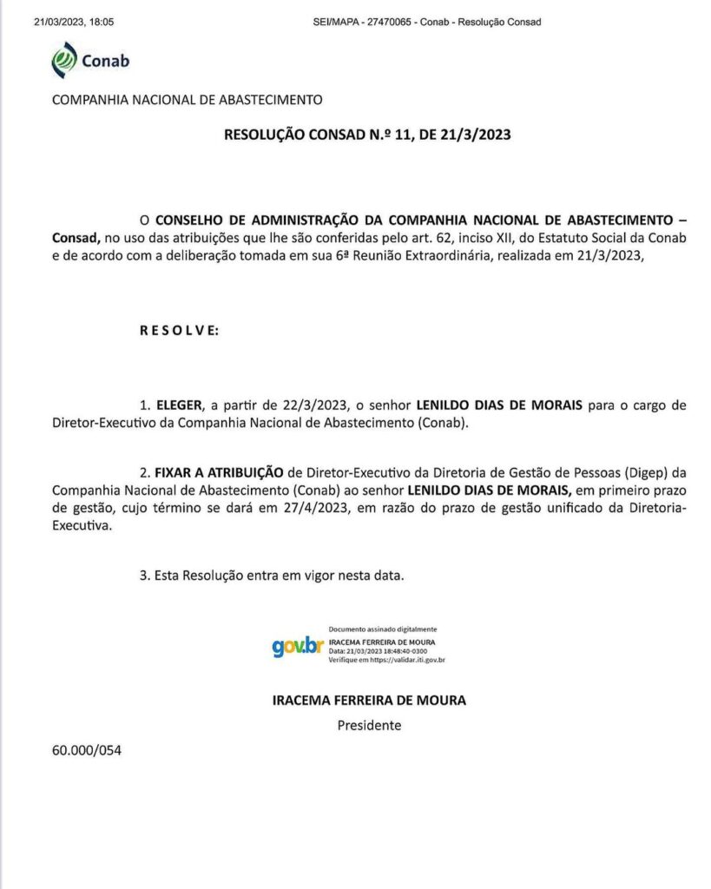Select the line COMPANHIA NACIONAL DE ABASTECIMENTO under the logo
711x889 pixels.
pyautogui.click(x=187, y=100)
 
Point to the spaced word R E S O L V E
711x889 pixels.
pyautogui.click(x=179, y=331)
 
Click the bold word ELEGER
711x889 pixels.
pyautogui.click(x=179, y=405)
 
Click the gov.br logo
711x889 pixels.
pyautogui.click(x=297, y=647)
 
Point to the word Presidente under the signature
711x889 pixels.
pyautogui.click(x=369, y=725)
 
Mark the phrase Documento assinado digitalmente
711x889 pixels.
pyautogui.click(x=383, y=629)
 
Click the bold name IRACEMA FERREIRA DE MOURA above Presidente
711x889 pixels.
pyautogui.click(x=369, y=700)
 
